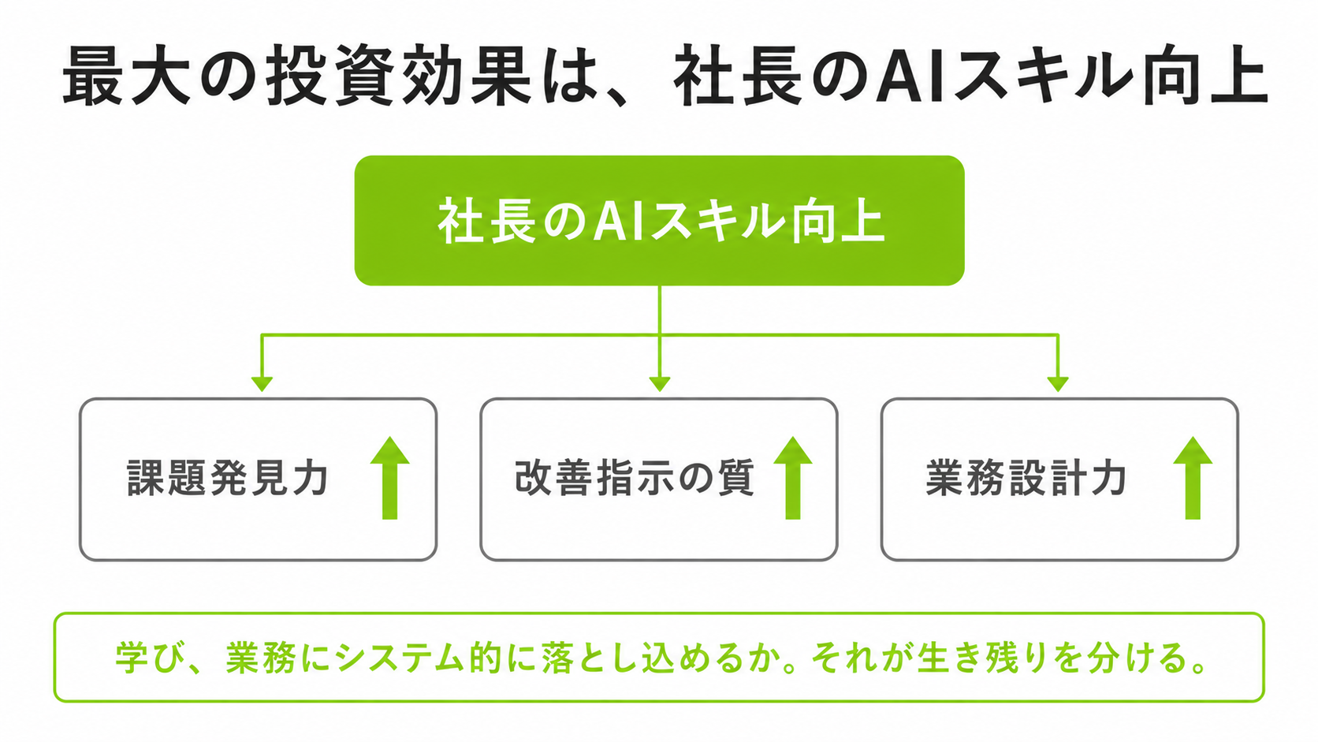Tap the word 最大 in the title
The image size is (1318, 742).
pyautogui.click(x=126, y=76)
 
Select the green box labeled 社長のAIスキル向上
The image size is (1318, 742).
pyautogui.click(x=659, y=221)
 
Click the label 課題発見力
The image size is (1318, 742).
pyautogui.click(x=228, y=478)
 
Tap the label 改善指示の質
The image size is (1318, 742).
pyautogui.click(x=635, y=478)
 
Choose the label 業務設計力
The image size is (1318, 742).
pyautogui.click(x=1026, y=478)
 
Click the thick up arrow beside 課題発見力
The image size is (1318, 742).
pyautogui.click(x=389, y=478)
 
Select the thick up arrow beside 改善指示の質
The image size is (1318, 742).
pyautogui.click(x=792, y=478)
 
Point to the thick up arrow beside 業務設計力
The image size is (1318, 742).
pyautogui.click(x=1193, y=478)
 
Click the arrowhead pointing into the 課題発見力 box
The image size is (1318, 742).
pyautogui.click(x=262, y=385)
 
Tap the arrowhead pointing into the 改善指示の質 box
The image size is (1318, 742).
pyautogui.click(x=660, y=385)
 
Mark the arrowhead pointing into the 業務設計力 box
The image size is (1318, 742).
pyautogui.click(x=1058, y=385)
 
